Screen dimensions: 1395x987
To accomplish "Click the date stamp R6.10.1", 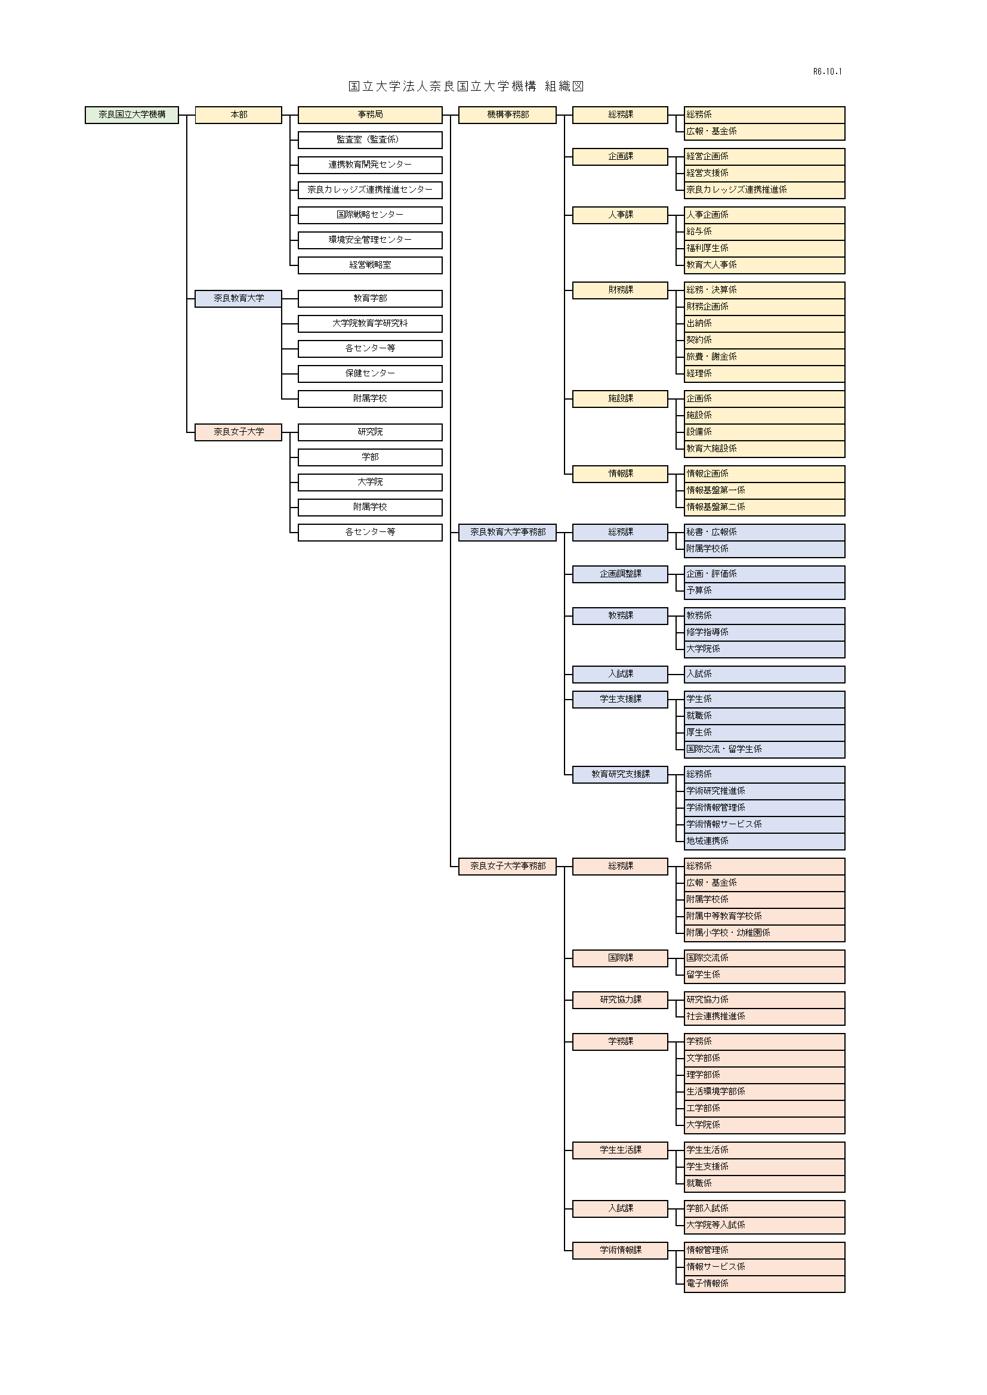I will coord(827,72).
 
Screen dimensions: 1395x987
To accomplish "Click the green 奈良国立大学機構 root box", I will coord(132,115).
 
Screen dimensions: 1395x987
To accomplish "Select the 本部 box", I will coord(238,115).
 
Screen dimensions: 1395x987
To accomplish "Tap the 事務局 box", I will coord(369,115).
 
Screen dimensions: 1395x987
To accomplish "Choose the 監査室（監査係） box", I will coord(369,140).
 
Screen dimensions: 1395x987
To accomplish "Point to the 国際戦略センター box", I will coord(369,215).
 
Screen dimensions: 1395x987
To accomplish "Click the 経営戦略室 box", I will coord(369,265).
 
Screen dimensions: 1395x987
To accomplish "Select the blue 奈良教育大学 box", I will coord(238,298).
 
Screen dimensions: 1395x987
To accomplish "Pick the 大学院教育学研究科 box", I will coord(369,323).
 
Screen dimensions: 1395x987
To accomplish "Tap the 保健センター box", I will coord(369,374).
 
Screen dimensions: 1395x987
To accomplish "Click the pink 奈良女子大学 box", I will coord(238,432).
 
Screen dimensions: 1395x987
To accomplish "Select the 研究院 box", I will coord(369,432).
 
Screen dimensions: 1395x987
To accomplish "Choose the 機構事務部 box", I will coord(507,115).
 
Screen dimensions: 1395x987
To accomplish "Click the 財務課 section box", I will coord(620,290).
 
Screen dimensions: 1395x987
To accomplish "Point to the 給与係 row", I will coord(763,231).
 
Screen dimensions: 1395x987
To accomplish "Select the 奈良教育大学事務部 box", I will coord(507,532).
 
